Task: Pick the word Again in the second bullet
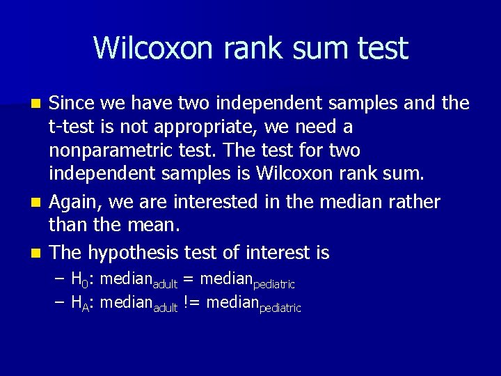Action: click(x=74, y=202)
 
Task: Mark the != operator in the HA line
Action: click(x=193, y=303)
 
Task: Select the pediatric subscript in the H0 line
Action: click(x=274, y=285)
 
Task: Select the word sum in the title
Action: click(x=316, y=48)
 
